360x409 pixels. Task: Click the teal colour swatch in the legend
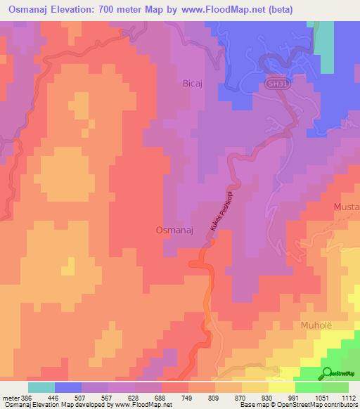coord(41,387)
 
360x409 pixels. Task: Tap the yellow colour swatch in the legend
coord(281,387)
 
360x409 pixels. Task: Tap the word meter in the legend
coord(11,397)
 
